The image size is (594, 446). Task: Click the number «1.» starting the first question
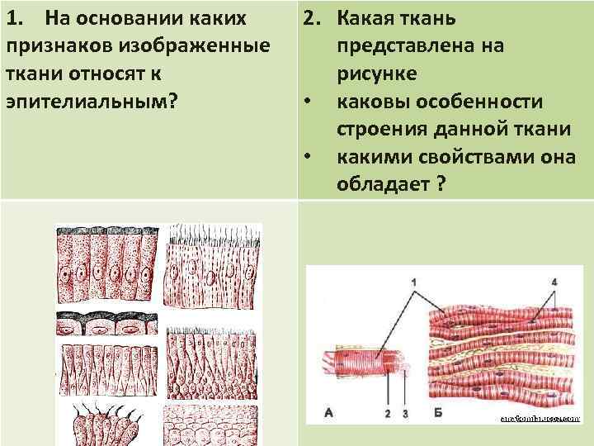click(x=17, y=17)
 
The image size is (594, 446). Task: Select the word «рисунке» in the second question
click(x=376, y=74)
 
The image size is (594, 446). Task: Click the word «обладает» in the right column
click(x=382, y=184)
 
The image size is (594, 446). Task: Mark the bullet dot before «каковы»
click(x=307, y=102)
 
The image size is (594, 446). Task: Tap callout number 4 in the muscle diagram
click(x=554, y=282)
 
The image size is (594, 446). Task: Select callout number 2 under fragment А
click(x=387, y=412)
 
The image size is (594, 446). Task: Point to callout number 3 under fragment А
click(x=405, y=412)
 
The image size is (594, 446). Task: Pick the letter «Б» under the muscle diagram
click(x=437, y=411)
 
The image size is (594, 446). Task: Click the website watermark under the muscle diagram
click(x=540, y=419)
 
